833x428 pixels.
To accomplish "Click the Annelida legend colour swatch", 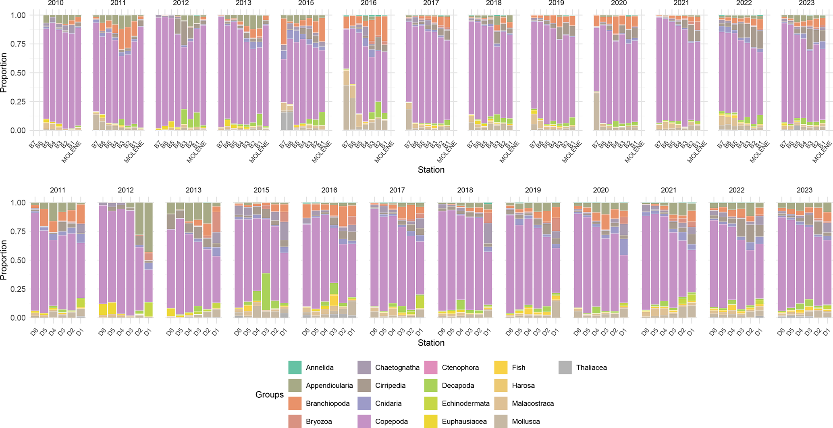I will [295, 367].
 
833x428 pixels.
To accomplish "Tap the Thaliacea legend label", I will [591, 367].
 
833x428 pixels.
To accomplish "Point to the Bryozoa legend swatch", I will [295, 421].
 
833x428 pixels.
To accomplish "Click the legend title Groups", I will [269, 395].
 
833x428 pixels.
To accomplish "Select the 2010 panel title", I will [56, 3].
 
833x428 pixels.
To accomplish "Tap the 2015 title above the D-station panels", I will [261, 190].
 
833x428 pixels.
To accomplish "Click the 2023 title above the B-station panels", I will [807, 3].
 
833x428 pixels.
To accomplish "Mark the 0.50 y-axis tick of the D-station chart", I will [18, 260].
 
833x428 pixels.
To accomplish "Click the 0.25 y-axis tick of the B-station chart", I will [18, 102].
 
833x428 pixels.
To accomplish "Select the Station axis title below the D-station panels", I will [431, 343].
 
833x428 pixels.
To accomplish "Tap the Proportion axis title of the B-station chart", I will [4, 73].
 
